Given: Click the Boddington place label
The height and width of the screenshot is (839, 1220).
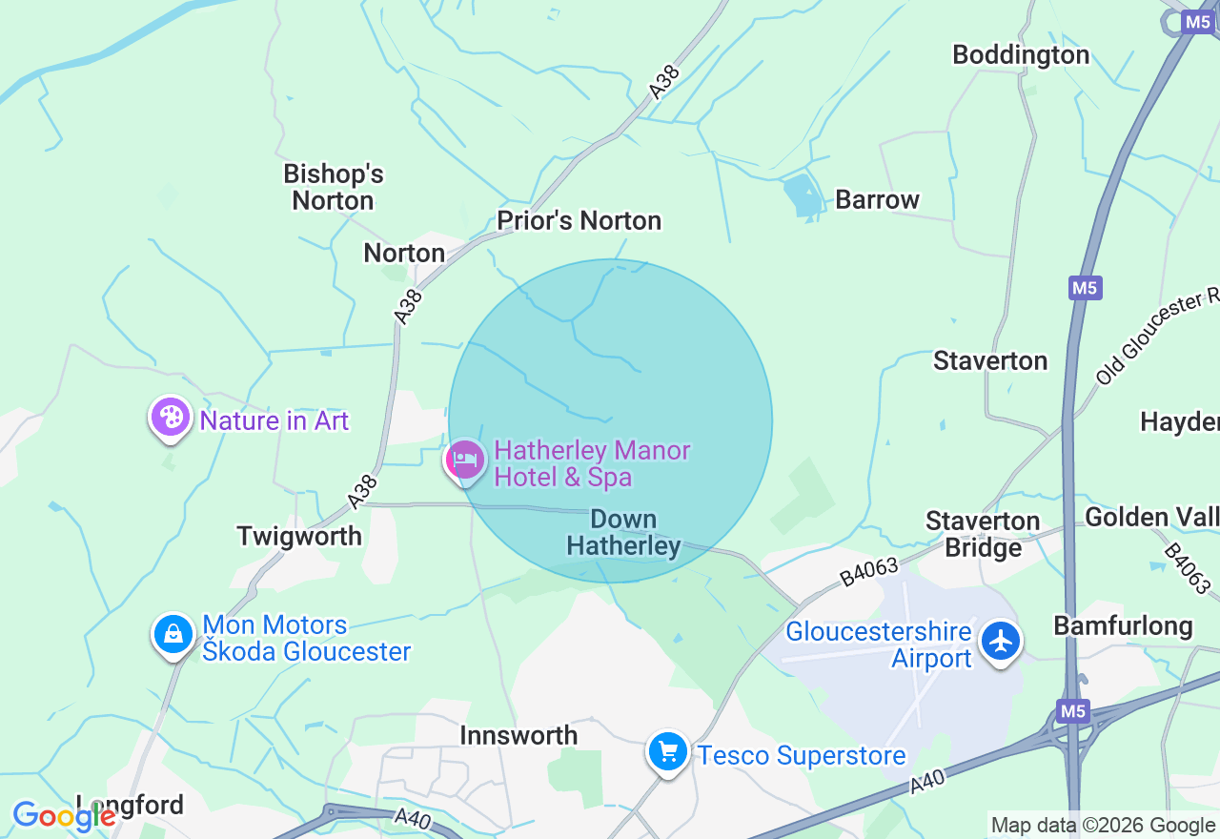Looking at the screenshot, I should (1021, 55).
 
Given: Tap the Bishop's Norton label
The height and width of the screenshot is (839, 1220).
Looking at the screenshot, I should (333, 187).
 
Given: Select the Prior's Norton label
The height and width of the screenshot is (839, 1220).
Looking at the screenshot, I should (579, 221).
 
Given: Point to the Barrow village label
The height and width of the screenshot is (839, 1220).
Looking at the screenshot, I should (877, 200).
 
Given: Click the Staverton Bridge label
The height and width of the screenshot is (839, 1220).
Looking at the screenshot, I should (983, 534).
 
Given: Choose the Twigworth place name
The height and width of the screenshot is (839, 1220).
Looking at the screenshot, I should (299, 536).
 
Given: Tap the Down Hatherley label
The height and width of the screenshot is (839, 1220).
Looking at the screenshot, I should (623, 532).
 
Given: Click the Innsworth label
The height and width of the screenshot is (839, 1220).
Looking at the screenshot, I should (518, 735).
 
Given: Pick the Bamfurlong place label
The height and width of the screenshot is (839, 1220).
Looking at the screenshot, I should (1123, 626).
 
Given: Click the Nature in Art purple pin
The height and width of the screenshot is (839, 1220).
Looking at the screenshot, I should (171, 418).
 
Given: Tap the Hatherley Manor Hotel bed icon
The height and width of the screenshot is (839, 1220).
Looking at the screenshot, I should (465, 460).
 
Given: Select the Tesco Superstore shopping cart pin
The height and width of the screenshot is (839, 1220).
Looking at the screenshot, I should (667, 752).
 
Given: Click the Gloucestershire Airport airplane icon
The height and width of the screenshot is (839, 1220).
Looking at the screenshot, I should (1000, 641).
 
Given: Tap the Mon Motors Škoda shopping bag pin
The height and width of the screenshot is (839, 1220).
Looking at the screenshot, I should (173, 634).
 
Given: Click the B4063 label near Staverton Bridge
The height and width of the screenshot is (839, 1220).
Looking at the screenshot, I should (868, 572).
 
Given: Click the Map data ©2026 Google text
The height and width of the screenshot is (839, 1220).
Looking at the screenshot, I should (1103, 826).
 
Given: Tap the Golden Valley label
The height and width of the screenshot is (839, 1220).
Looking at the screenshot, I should (1151, 518).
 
